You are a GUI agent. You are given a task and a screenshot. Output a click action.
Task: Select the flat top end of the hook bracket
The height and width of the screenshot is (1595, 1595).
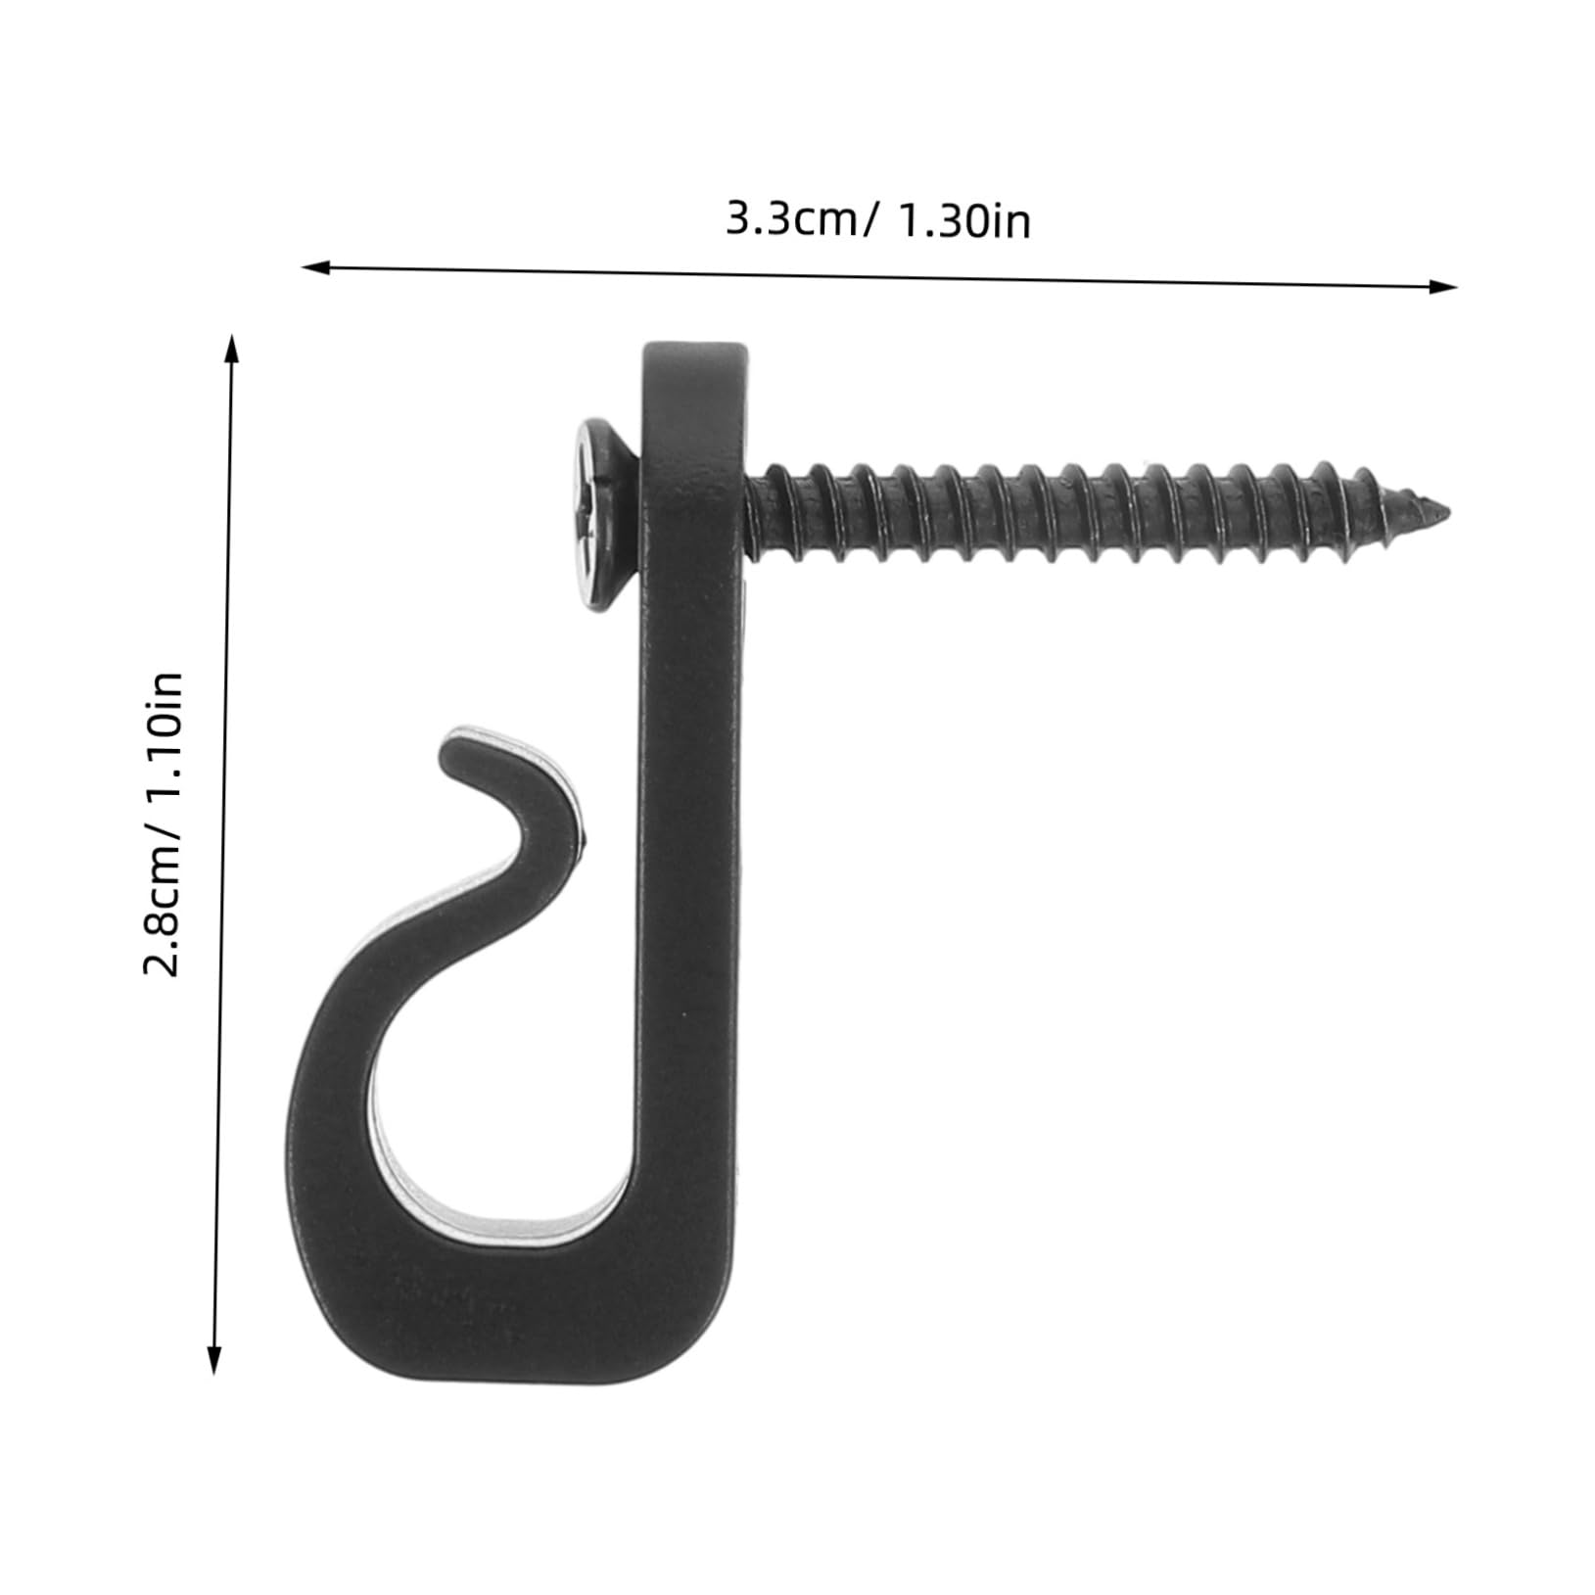point(691,351)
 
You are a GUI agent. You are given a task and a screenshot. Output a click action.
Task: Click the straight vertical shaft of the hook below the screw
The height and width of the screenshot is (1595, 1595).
point(690,881)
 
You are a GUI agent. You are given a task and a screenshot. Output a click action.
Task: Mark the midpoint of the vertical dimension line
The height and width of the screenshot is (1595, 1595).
point(223,854)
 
